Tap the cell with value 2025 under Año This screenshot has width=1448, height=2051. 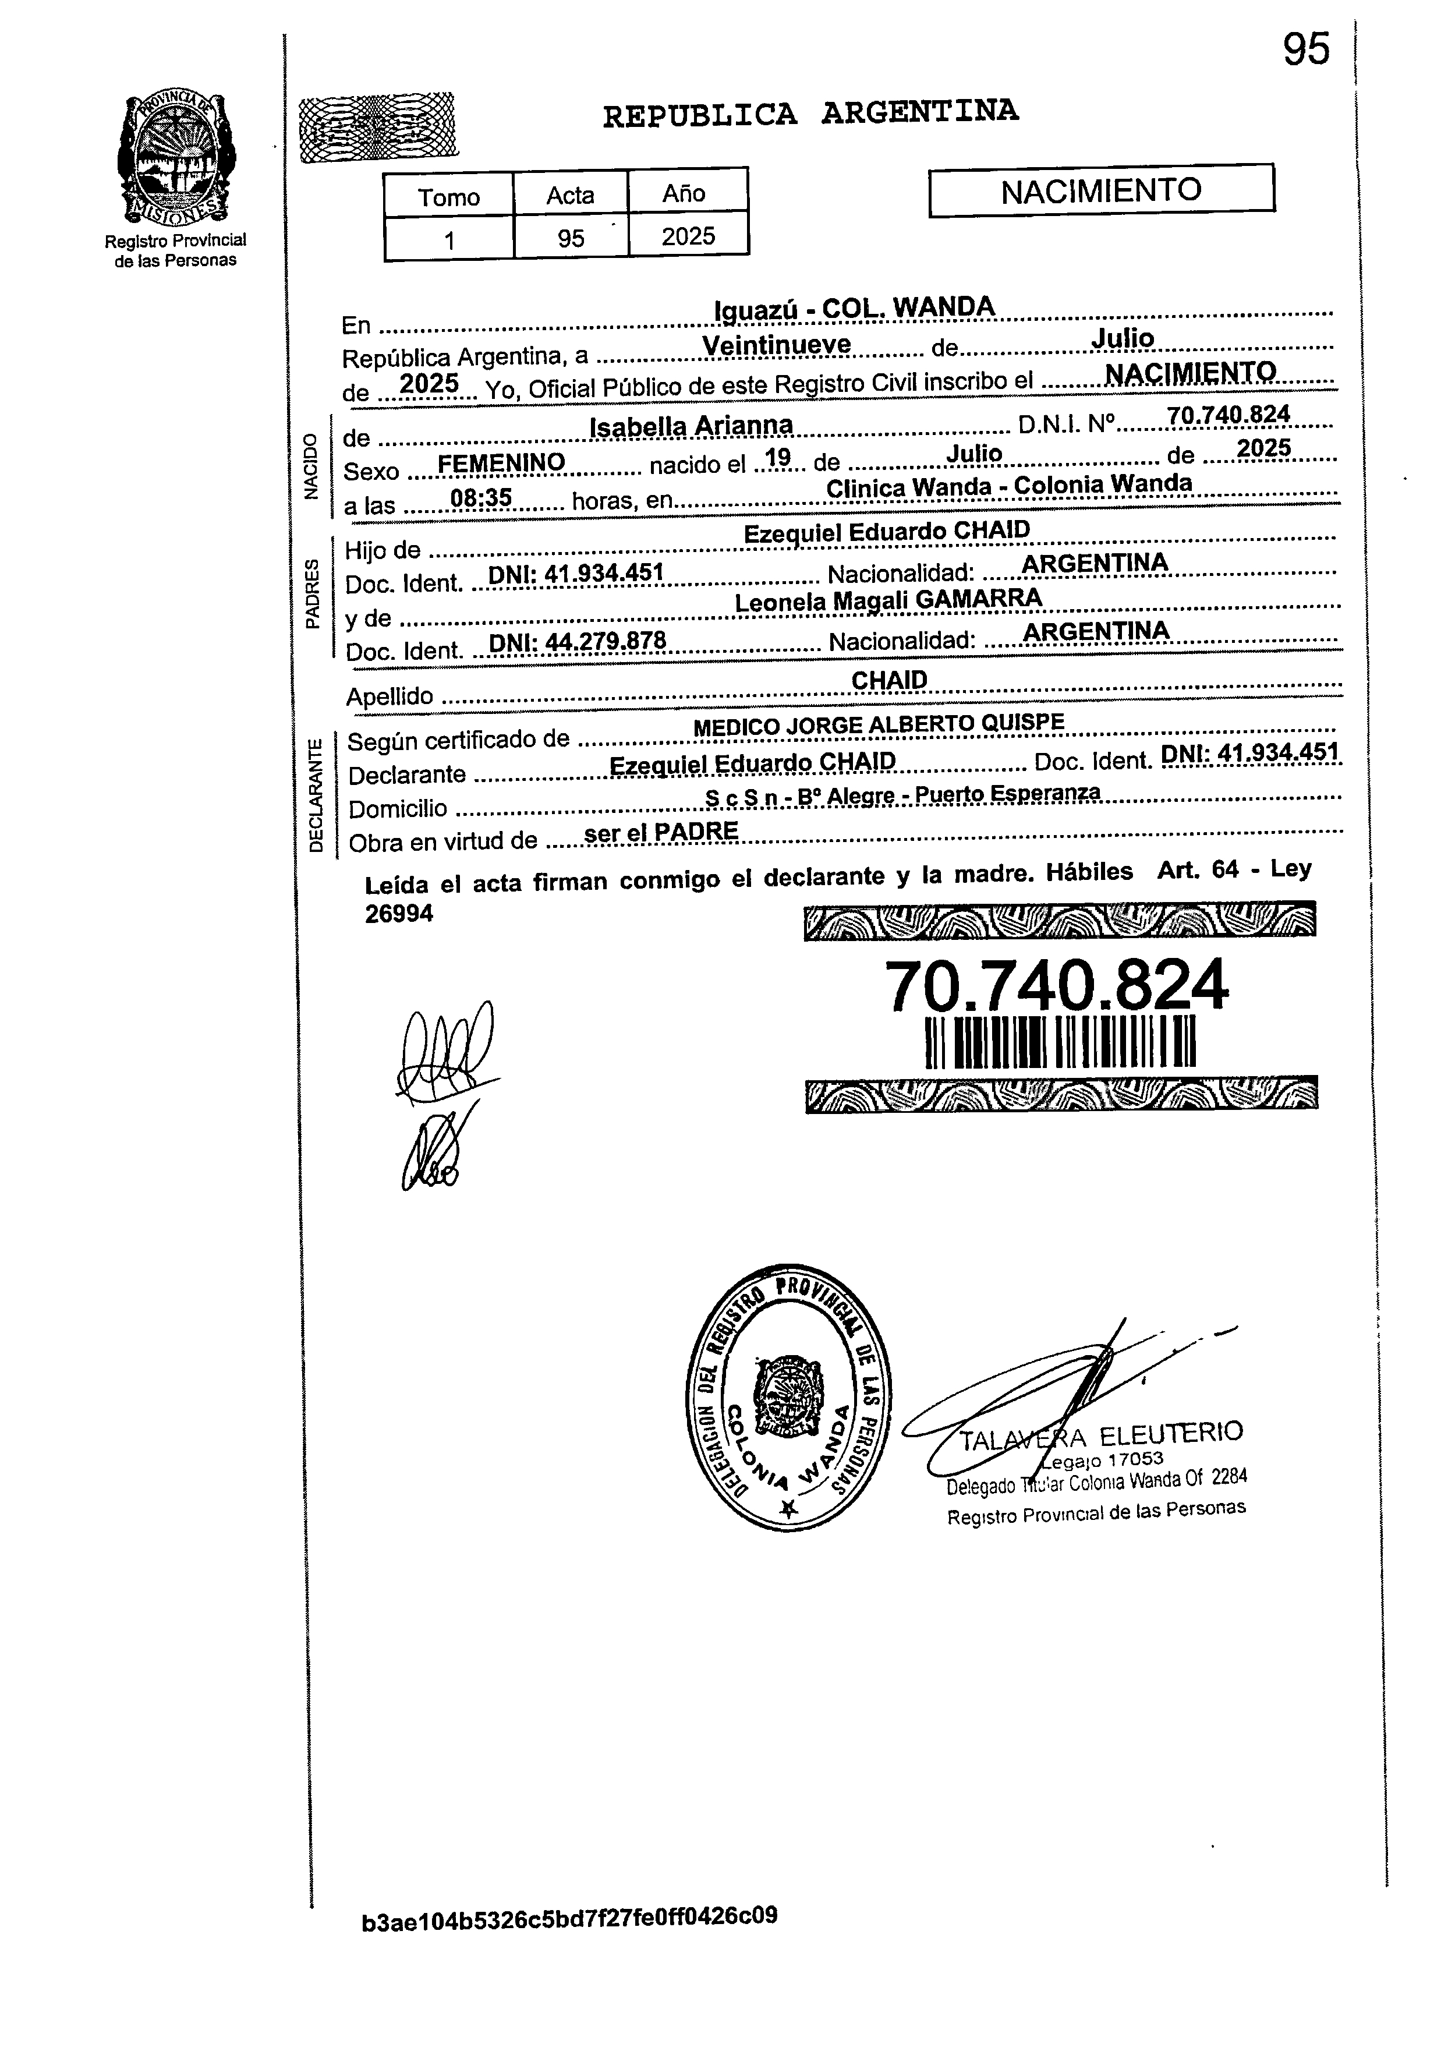(688, 236)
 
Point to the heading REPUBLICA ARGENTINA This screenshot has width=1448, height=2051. (810, 114)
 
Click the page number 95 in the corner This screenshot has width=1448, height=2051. (1306, 49)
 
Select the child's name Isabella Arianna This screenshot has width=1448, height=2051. (692, 426)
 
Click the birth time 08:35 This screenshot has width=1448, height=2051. (480, 497)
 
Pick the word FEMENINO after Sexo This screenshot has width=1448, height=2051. (501, 462)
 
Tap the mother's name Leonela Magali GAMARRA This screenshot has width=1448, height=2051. (888, 600)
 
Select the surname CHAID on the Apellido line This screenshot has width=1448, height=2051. (889, 680)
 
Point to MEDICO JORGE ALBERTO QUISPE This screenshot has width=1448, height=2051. (879, 724)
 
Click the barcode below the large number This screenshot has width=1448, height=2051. (1060, 1042)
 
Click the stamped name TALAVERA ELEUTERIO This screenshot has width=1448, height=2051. (1100, 1437)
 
